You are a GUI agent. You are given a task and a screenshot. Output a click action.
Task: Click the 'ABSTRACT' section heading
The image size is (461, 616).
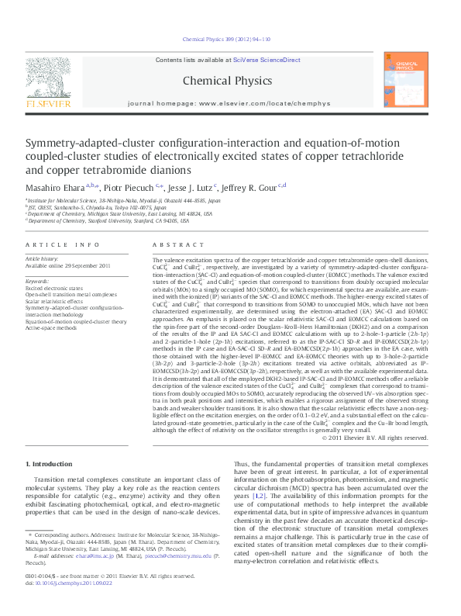coord(176,244)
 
